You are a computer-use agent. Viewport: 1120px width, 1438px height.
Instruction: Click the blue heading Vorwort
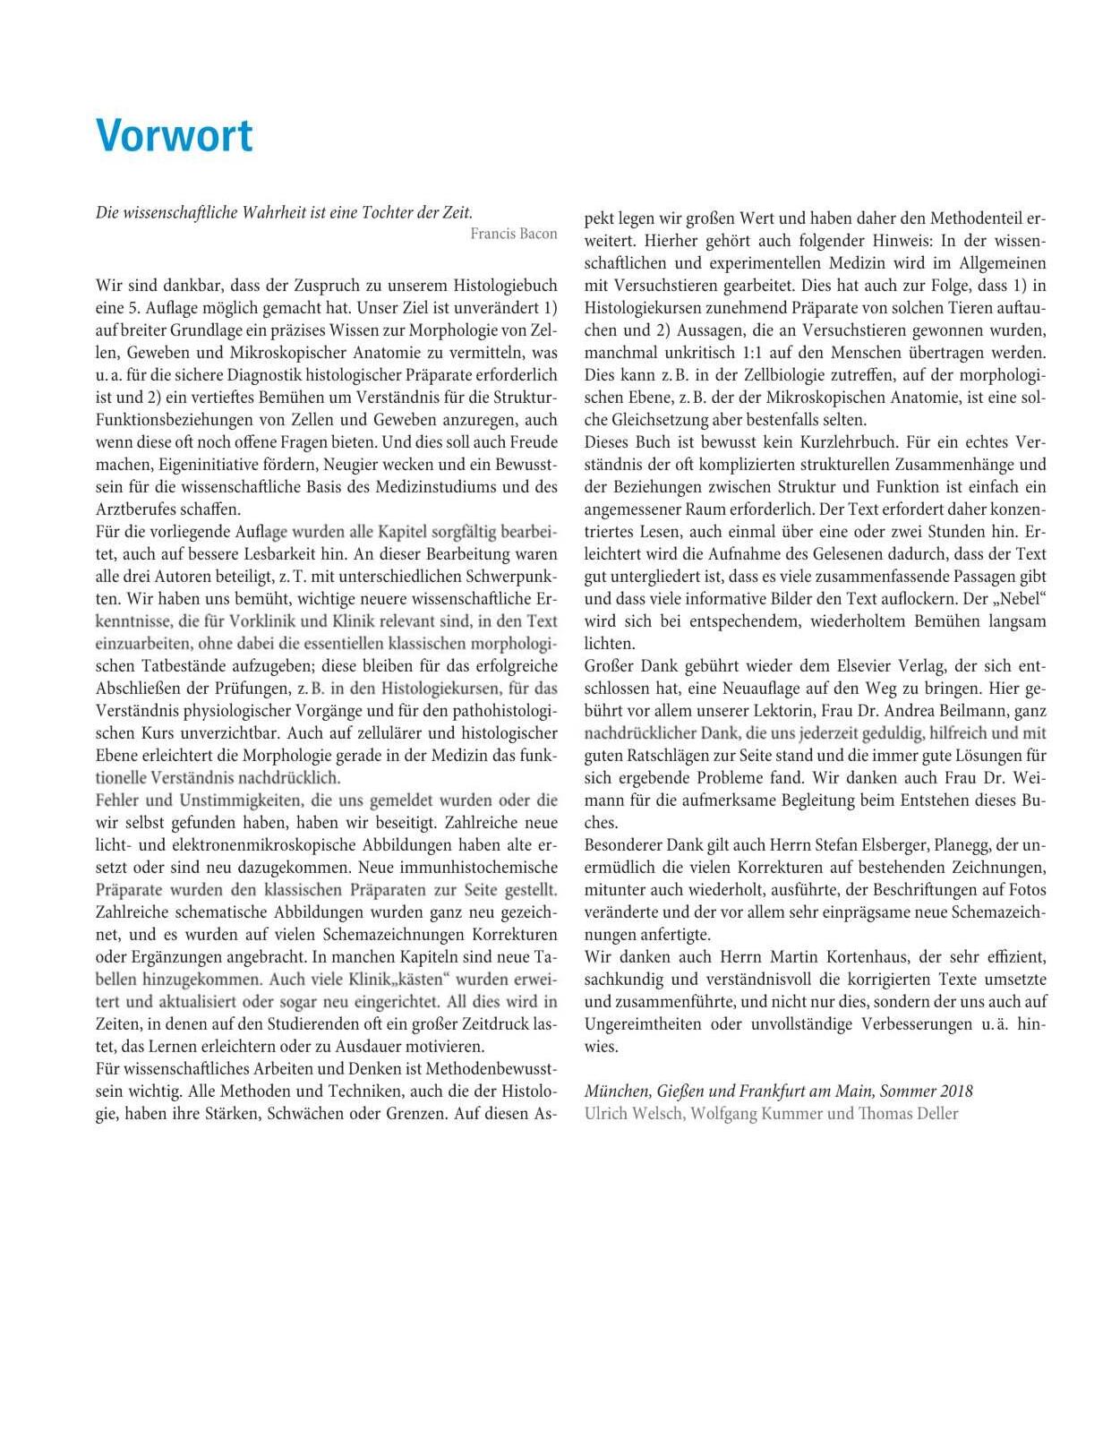coord(175,136)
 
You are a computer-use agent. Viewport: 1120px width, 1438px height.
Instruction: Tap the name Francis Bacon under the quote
coord(513,234)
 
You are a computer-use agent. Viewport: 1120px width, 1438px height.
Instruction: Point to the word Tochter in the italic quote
coord(394,212)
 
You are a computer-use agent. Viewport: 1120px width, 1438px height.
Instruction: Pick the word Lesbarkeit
coord(287,554)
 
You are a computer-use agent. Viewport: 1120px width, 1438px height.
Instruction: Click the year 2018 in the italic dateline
coord(956,1091)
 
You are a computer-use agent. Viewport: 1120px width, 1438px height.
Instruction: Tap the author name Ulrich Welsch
coord(632,1114)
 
